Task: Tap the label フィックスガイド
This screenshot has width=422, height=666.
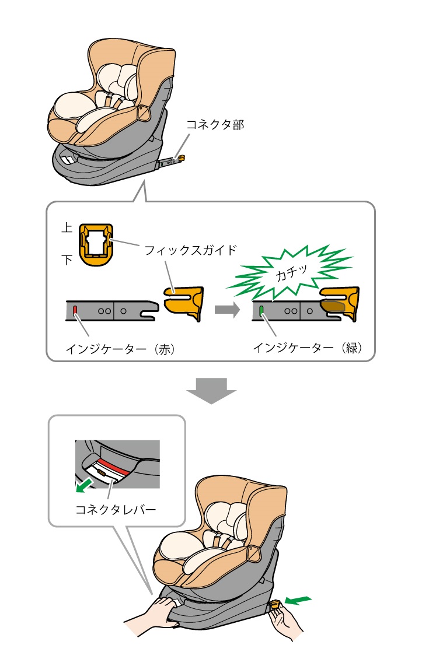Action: [x=191, y=250]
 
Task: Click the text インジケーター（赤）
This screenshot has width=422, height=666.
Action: [x=121, y=349]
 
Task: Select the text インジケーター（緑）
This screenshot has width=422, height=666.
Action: [x=308, y=348]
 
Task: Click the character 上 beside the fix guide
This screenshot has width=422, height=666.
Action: [x=67, y=229]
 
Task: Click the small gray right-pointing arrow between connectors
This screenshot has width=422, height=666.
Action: [x=227, y=310]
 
